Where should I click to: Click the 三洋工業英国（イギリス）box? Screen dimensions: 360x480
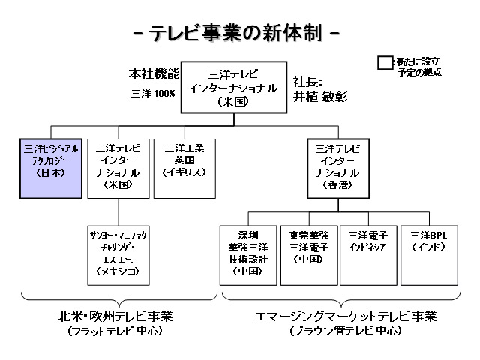tap(184, 168)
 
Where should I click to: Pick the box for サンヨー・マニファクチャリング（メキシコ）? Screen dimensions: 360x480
tap(117, 253)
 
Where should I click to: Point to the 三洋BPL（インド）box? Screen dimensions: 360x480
tap(427, 253)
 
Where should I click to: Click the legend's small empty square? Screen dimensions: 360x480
tap(385, 64)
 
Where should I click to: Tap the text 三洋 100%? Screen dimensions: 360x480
tap(153, 93)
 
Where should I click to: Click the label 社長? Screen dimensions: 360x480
tap(309, 80)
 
